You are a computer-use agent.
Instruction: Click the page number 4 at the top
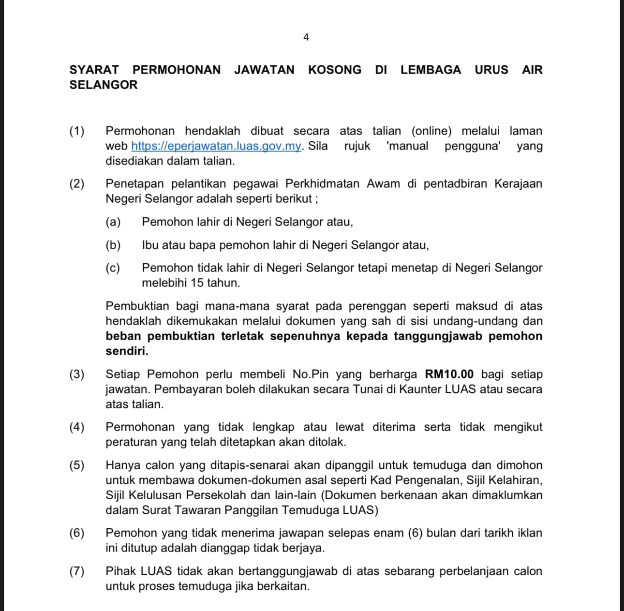point(306,37)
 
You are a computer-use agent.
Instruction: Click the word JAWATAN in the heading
point(264,70)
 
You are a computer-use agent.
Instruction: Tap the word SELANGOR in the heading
point(104,85)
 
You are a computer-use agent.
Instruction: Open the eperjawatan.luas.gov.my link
point(216,146)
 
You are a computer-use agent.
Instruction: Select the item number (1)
point(77,131)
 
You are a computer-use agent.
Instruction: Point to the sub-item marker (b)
point(113,245)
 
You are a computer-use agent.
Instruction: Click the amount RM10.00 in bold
point(449,374)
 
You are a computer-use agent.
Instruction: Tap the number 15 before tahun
point(197,283)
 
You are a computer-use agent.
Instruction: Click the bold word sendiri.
point(127,351)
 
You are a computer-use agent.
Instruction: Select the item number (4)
point(77,427)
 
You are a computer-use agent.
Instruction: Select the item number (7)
point(77,571)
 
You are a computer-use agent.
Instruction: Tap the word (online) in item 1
point(431,131)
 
